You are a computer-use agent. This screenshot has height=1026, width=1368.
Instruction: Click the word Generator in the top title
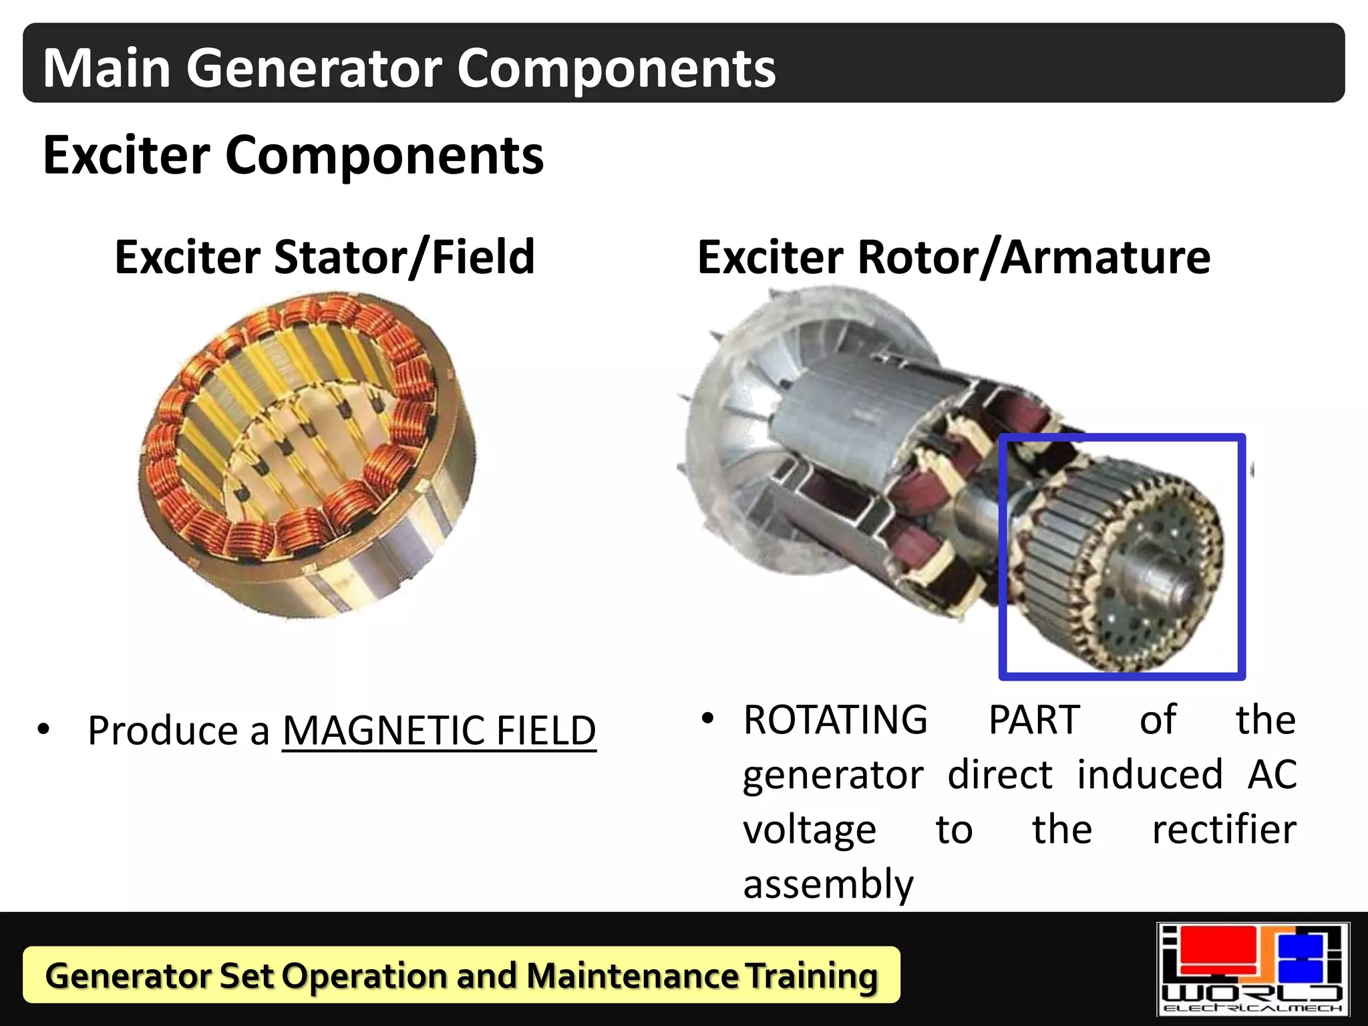pos(313,68)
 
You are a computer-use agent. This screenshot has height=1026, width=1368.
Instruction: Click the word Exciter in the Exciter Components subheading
pos(127,155)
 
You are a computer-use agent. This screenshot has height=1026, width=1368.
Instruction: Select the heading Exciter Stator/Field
pos(325,257)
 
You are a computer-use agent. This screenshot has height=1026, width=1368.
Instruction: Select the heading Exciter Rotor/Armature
pos(953,257)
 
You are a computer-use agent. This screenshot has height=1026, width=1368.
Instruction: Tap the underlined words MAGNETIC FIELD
pos(439,730)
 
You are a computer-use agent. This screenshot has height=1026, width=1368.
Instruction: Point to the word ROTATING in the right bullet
pos(835,720)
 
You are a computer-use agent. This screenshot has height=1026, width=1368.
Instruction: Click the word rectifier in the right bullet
pos(1224,830)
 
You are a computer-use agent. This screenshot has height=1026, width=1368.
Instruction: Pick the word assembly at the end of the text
pos(828,884)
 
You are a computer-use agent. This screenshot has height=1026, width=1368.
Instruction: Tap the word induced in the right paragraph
pos(1150,775)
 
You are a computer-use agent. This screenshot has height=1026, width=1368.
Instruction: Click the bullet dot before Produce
pos(44,729)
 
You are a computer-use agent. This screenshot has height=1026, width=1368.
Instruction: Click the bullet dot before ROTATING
pos(708,719)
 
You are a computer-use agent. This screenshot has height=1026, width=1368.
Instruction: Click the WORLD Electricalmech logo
pos(1252,969)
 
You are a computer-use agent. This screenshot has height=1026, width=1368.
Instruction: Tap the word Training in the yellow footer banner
pos(812,976)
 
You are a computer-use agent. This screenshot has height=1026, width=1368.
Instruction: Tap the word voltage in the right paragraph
pos(809,830)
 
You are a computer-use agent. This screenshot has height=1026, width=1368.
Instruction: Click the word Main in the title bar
pos(107,68)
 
